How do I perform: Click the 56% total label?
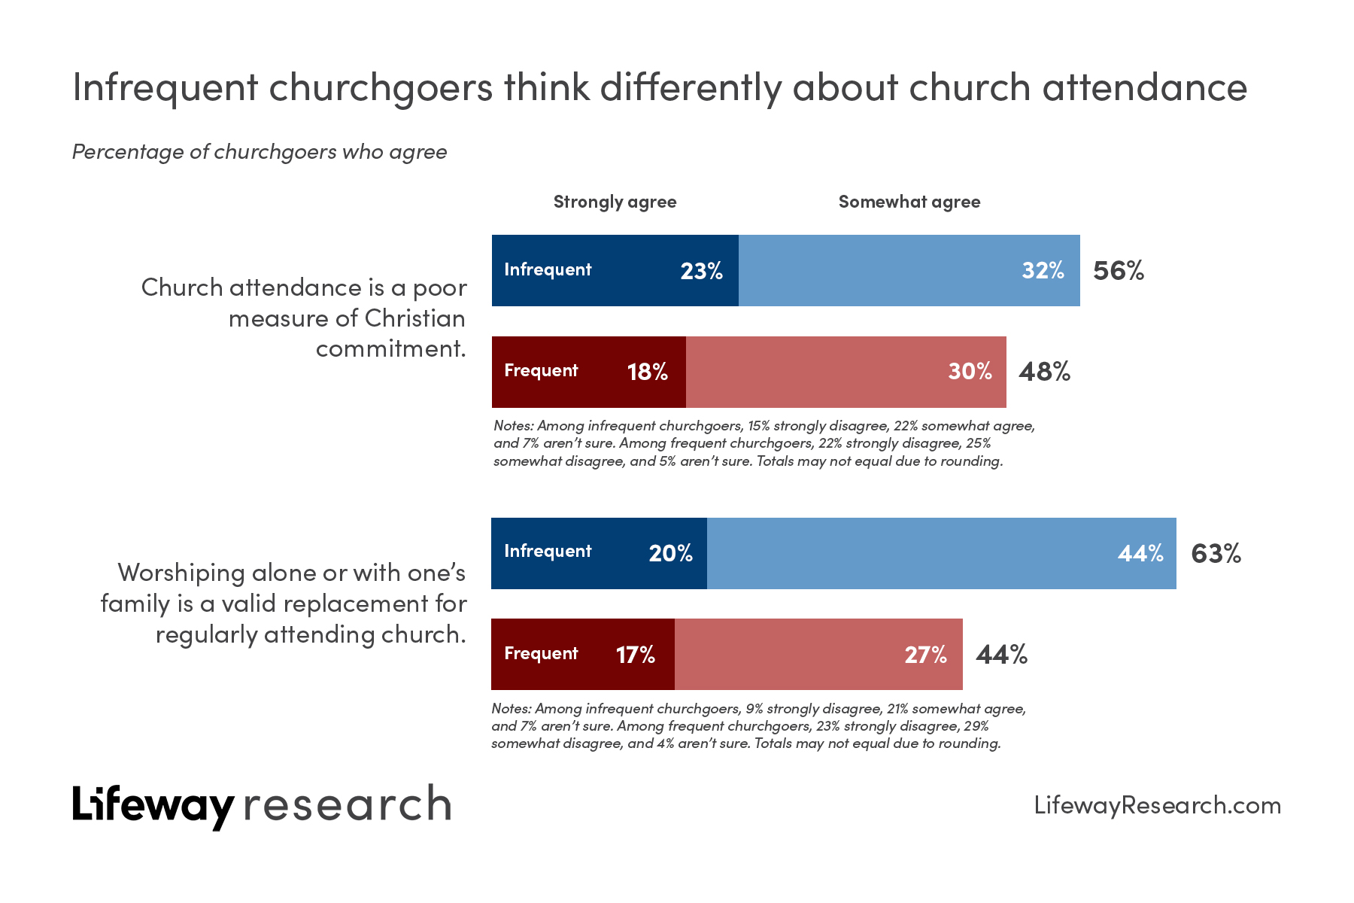pos(1118,271)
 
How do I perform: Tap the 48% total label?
pos(1044,372)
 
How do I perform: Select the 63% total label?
pos(1216,554)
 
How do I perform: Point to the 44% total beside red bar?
pos(1001,655)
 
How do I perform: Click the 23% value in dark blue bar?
pos(701,271)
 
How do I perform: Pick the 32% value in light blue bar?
pos(1043,271)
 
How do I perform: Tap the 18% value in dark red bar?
pos(647,372)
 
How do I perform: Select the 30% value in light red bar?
pos(970,372)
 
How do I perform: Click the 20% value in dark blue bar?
pos(670,554)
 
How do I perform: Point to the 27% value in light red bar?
pos(925,655)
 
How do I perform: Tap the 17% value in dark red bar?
pos(635,655)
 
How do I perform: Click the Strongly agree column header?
pos(615,202)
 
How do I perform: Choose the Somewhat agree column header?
pos(909,202)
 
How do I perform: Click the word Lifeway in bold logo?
pos(153,805)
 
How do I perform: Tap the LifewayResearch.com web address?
pos(1157,805)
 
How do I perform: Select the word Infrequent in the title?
pos(165,87)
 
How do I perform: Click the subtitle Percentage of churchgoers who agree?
pos(260,152)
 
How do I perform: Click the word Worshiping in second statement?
pos(181,573)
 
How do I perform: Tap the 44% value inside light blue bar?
pos(1140,554)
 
